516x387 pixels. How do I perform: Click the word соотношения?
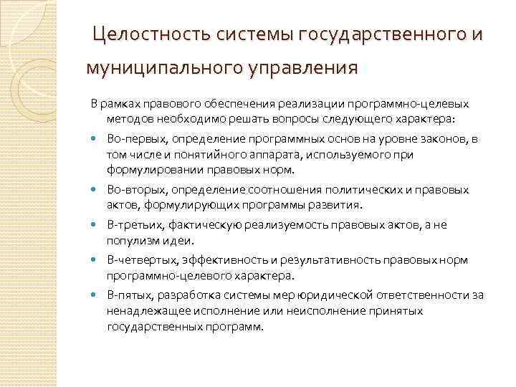277,190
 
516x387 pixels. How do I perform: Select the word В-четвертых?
137,259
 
